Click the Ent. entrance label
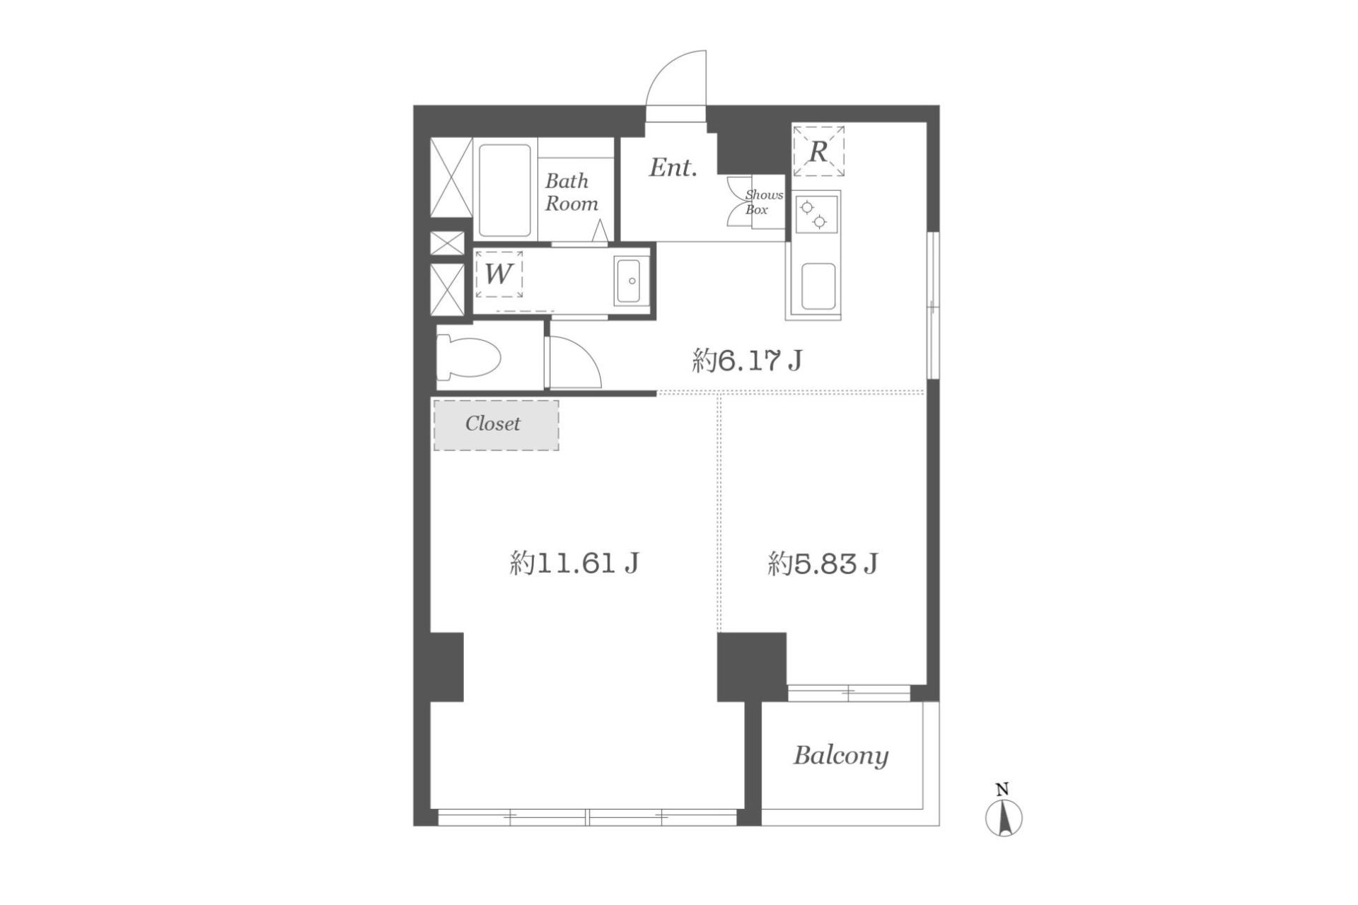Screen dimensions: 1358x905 click(673, 168)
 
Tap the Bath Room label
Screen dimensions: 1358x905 click(571, 192)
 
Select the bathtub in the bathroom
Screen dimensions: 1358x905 click(505, 190)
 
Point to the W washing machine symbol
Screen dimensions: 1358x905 click(499, 274)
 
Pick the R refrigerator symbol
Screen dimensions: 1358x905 click(818, 151)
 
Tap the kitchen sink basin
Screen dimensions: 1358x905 click(818, 286)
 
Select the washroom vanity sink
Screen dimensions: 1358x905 click(631, 281)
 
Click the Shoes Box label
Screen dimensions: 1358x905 click(764, 202)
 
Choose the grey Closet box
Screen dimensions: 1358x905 click(496, 425)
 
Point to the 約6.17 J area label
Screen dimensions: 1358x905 click(747, 361)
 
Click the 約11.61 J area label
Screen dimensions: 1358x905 click(574, 564)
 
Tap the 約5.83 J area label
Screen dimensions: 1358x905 click(823, 564)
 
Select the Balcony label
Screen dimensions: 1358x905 click(841, 755)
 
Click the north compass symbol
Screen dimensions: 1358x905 click(1004, 819)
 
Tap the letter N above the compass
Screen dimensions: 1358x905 click(1002, 790)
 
